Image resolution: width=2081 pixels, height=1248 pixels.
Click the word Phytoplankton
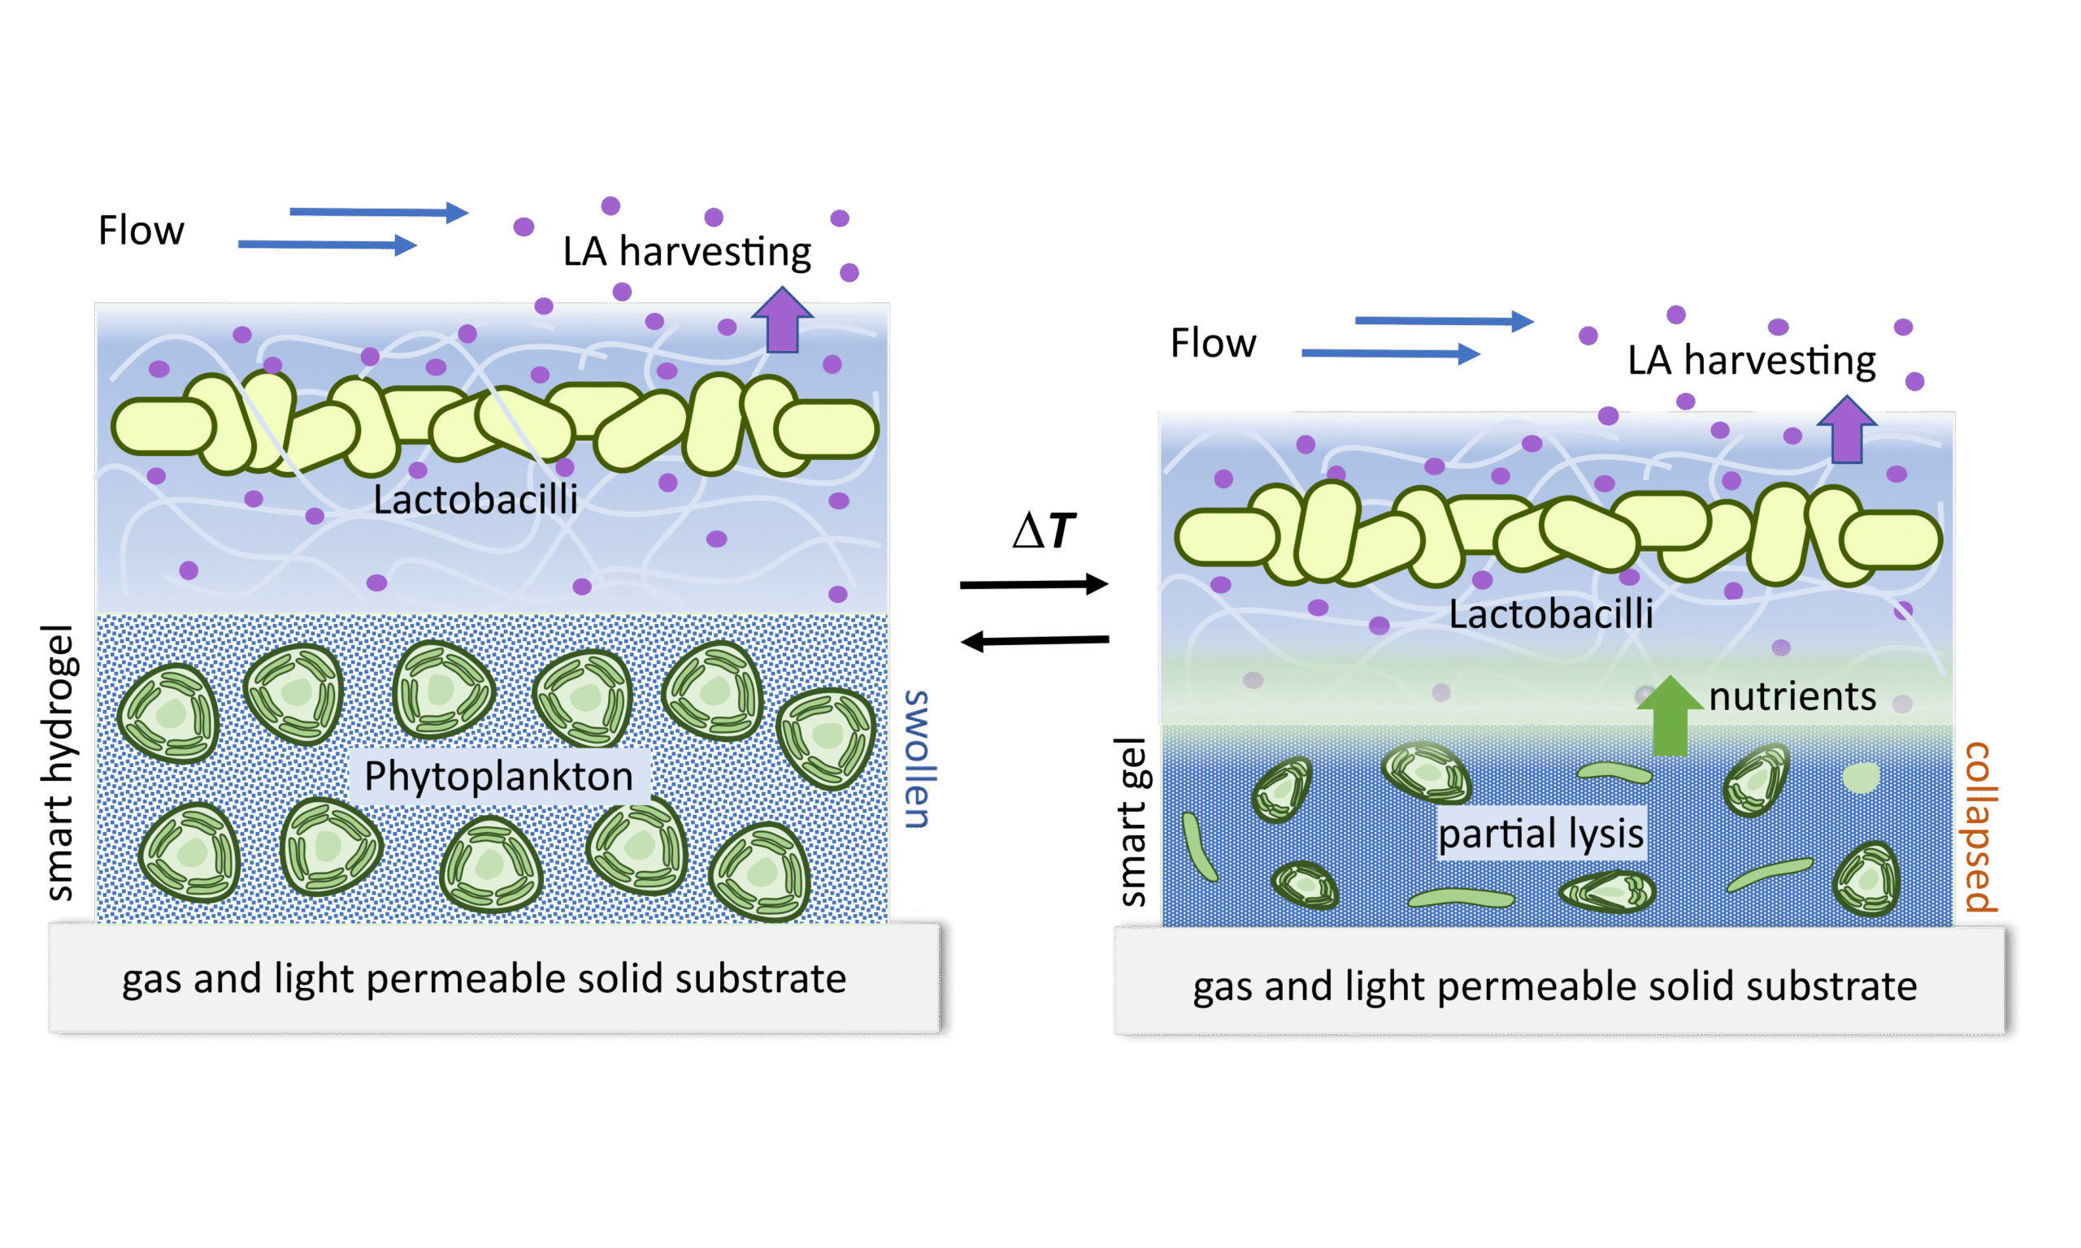(x=498, y=775)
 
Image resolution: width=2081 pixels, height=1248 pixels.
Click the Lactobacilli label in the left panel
(x=476, y=500)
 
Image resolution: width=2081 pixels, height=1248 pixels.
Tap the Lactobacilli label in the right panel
(x=1550, y=614)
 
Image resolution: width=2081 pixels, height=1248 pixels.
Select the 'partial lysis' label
(x=1540, y=834)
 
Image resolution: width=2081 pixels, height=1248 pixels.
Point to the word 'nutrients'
(x=1792, y=696)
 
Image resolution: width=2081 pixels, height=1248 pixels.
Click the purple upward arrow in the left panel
(x=782, y=321)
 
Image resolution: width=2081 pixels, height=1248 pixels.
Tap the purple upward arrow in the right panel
(x=1846, y=430)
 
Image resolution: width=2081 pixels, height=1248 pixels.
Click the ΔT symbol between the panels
(x=1043, y=531)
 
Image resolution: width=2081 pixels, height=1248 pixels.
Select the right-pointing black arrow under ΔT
(x=1033, y=583)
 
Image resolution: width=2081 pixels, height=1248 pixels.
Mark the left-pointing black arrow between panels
(x=1035, y=641)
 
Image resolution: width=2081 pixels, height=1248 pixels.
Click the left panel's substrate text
(x=484, y=979)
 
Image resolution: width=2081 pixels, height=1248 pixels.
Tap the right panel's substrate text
(x=1554, y=986)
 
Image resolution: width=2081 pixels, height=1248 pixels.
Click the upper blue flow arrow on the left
(x=379, y=212)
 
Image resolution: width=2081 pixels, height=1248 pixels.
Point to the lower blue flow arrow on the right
(x=1390, y=354)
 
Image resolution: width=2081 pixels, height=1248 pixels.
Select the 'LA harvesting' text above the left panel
(x=687, y=251)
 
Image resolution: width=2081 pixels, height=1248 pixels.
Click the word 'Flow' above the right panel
(x=1213, y=343)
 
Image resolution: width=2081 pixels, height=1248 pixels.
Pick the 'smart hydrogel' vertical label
(x=61, y=762)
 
